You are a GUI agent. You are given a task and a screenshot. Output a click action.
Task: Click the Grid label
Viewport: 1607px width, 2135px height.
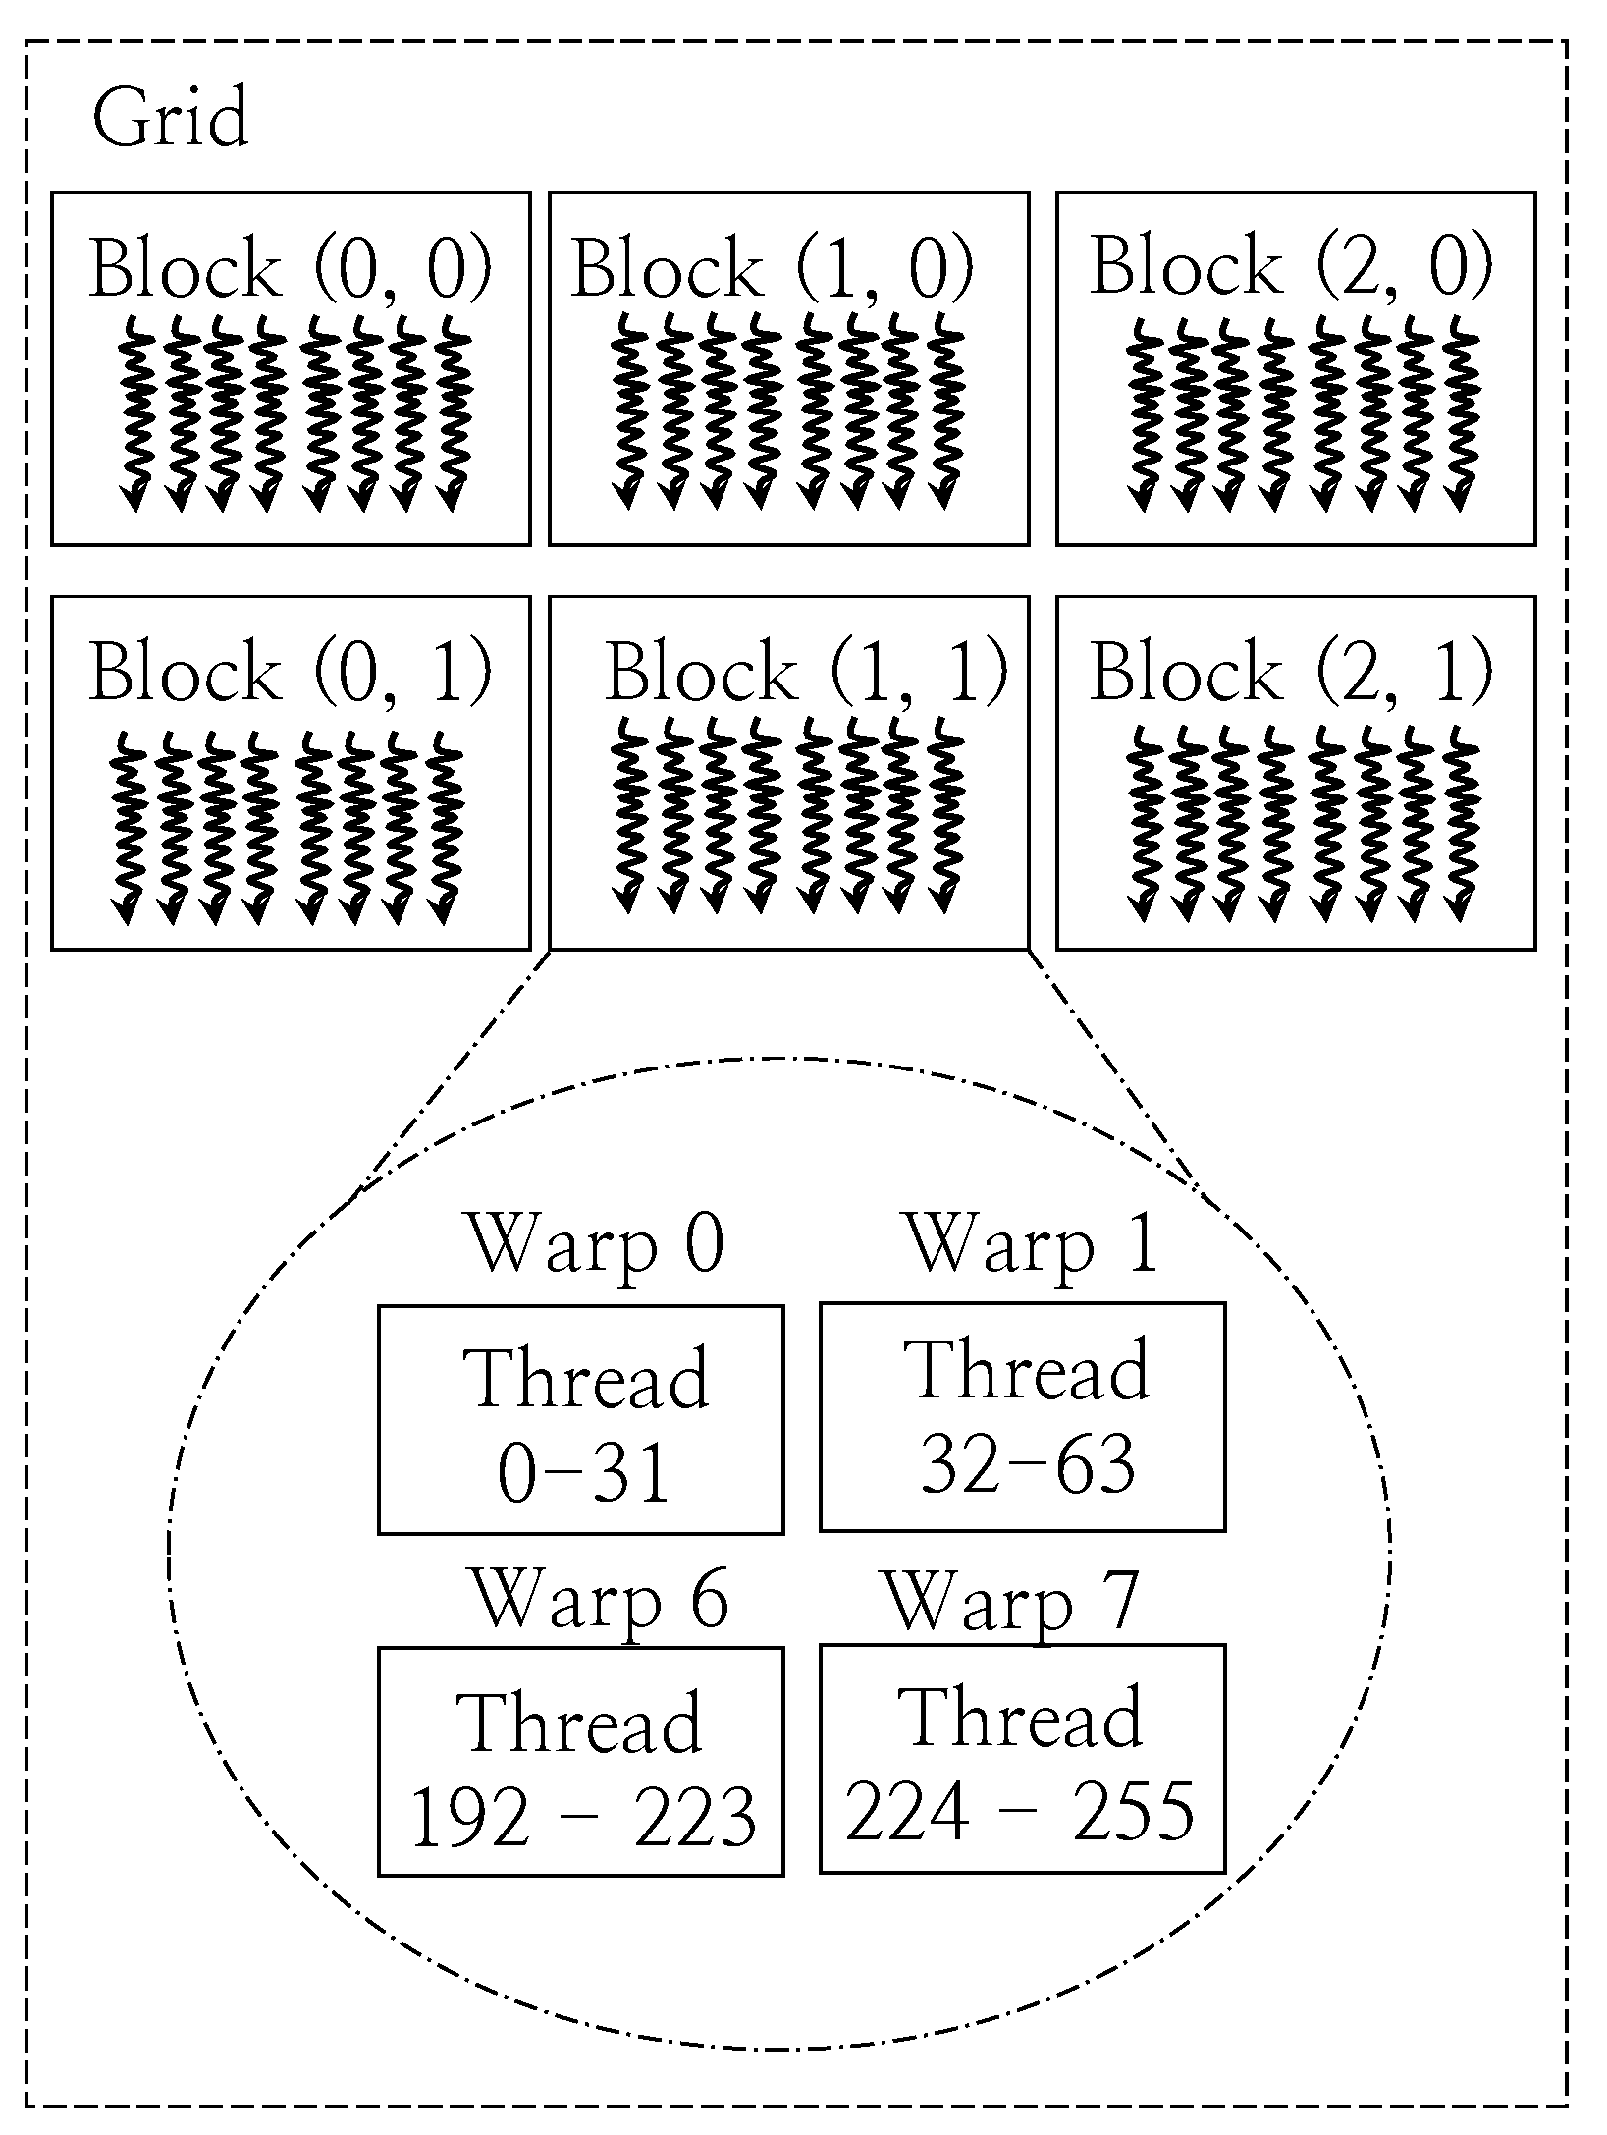tap(171, 119)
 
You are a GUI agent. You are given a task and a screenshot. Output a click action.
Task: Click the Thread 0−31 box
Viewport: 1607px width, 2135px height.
tap(581, 1419)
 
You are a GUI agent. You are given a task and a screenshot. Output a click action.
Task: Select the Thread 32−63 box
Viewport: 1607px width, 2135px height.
tap(1022, 1416)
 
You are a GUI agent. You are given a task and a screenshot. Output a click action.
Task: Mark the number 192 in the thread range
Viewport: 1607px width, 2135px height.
tap(469, 1816)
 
